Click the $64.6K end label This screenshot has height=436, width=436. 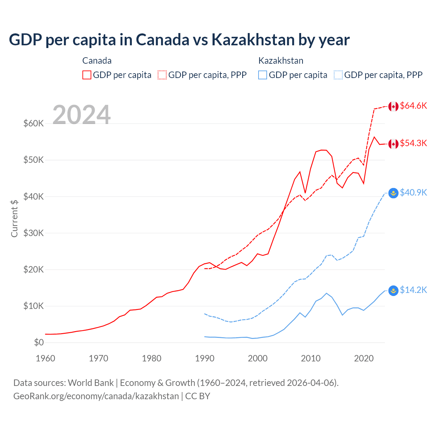click(x=413, y=106)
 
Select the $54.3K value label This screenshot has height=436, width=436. click(x=413, y=143)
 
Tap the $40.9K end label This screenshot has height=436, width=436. click(x=413, y=193)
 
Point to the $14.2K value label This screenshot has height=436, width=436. click(x=413, y=290)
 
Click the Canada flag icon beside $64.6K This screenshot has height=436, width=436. click(x=393, y=107)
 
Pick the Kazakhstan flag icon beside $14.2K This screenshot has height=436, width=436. click(x=393, y=291)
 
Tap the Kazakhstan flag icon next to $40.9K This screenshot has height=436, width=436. click(x=393, y=193)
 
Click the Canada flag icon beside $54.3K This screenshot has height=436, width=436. click(x=393, y=144)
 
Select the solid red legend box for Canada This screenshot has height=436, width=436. click(x=87, y=75)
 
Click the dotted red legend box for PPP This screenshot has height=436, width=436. click(x=162, y=75)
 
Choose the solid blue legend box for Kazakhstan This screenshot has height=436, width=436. click(x=263, y=75)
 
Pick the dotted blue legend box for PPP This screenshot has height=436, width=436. click(x=338, y=75)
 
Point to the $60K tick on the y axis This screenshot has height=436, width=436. click(x=33, y=123)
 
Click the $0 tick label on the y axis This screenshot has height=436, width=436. click(x=39, y=342)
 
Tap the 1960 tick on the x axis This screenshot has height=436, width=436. click(x=45, y=358)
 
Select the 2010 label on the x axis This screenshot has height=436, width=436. click(x=311, y=358)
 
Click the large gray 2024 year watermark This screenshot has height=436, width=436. click(x=81, y=115)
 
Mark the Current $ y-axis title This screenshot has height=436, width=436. click(x=14, y=218)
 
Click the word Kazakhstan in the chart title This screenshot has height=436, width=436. click(x=252, y=40)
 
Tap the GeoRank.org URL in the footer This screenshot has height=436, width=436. click(x=96, y=396)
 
